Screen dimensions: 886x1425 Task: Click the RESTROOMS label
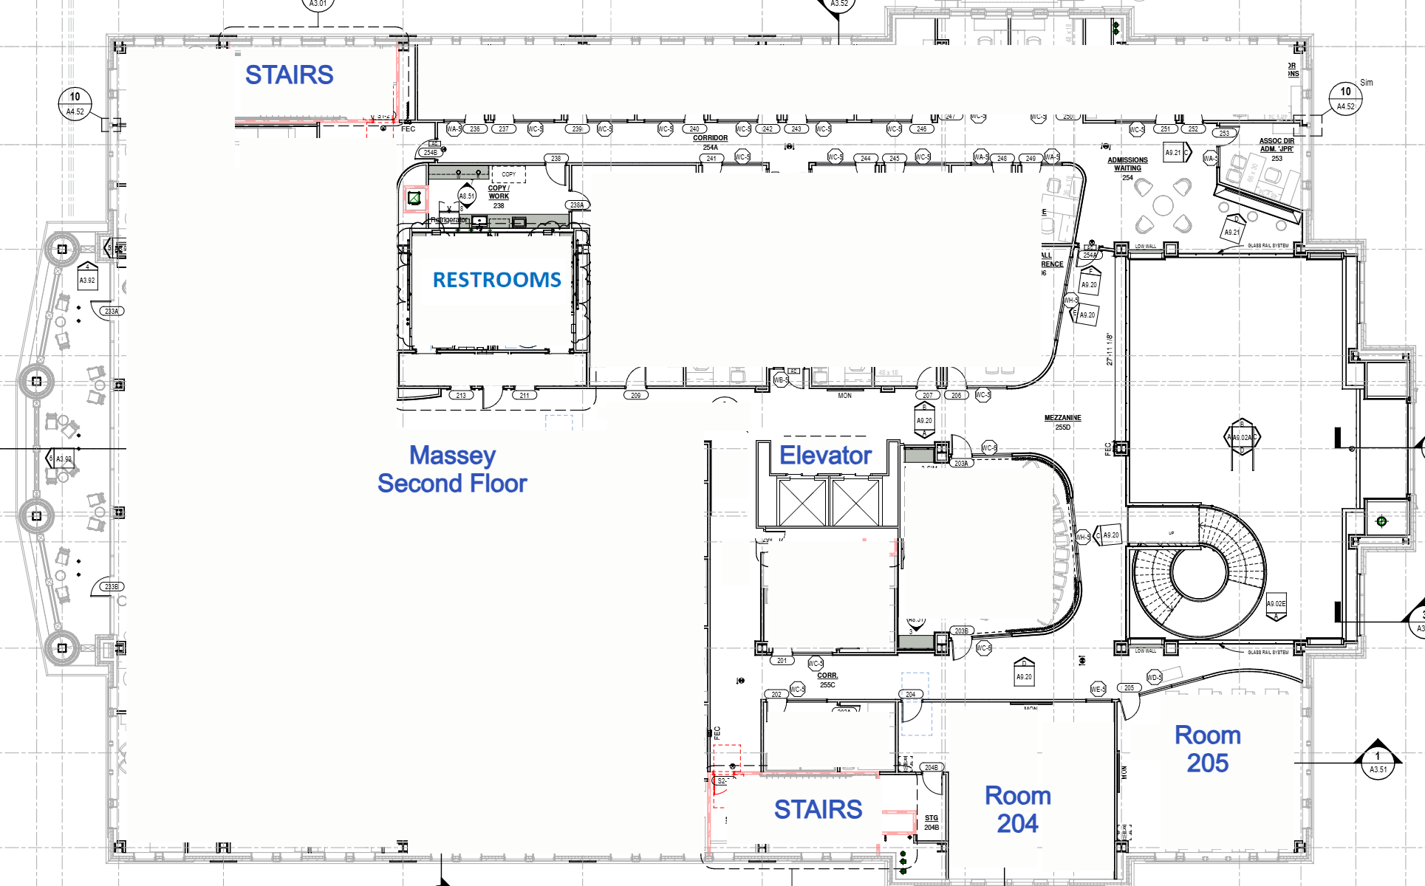click(x=496, y=280)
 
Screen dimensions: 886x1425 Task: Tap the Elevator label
click(x=825, y=456)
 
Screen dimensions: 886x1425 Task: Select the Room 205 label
click(x=1207, y=749)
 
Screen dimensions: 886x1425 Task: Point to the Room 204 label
click(x=1017, y=809)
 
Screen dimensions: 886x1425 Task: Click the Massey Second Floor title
click(x=452, y=470)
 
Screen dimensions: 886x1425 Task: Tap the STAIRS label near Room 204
click(x=818, y=809)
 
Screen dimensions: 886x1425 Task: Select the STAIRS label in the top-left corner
click(x=289, y=75)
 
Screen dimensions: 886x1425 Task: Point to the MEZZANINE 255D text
click(x=1062, y=422)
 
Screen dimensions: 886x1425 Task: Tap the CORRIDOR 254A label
click(x=710, y=142)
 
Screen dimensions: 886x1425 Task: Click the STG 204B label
click(x=932, y=823)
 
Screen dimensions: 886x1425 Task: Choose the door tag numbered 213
click(x=461, y=395)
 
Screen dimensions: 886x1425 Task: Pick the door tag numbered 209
click(x=636, y=395)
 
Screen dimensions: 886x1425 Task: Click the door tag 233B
click(x=112, y=586)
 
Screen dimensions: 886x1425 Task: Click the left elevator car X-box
click(x=802, y=502)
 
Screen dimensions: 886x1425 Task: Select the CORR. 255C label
click(x=827, y=680)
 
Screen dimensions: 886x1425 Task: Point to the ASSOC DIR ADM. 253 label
click(x=1277, y=148)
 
